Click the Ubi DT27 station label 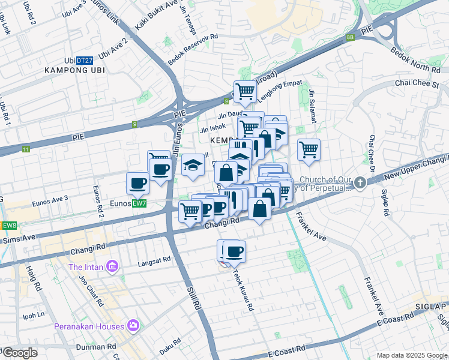click(79, 61)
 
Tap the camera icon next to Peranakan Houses click(133, 326)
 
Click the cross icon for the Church click(360, 183)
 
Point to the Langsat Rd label click(155, 260)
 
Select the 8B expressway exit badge click(351, 37)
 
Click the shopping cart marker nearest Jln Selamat click(309, 149)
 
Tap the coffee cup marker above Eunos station click(137, 182)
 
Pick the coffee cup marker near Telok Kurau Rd click(234, 251)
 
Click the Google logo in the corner click(20, 353)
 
